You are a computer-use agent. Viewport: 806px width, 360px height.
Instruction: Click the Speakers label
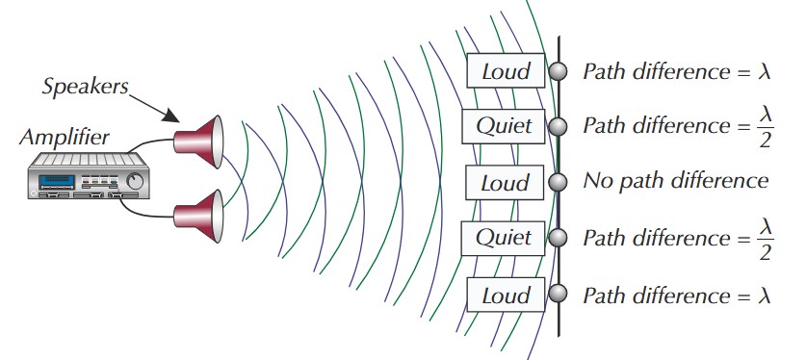[86, 86]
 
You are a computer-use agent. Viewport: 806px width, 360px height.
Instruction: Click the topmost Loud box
[506, 70]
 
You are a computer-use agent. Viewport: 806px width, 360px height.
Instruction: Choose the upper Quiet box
[506, 126]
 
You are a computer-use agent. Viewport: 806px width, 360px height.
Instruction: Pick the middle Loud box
[506, 182]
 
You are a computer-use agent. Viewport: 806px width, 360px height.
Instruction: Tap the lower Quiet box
[506, 237]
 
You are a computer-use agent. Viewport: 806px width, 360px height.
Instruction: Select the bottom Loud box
[506, 293]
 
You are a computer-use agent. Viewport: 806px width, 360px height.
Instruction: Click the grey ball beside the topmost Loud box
[558, 70]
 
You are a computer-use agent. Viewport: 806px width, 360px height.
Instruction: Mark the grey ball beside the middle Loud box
[558, 182]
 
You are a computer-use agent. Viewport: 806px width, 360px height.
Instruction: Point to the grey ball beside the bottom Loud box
[558, 293]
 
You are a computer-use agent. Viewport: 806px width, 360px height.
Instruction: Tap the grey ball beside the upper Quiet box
[558, 126]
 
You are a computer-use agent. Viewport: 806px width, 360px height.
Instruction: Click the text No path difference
[675, 181]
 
